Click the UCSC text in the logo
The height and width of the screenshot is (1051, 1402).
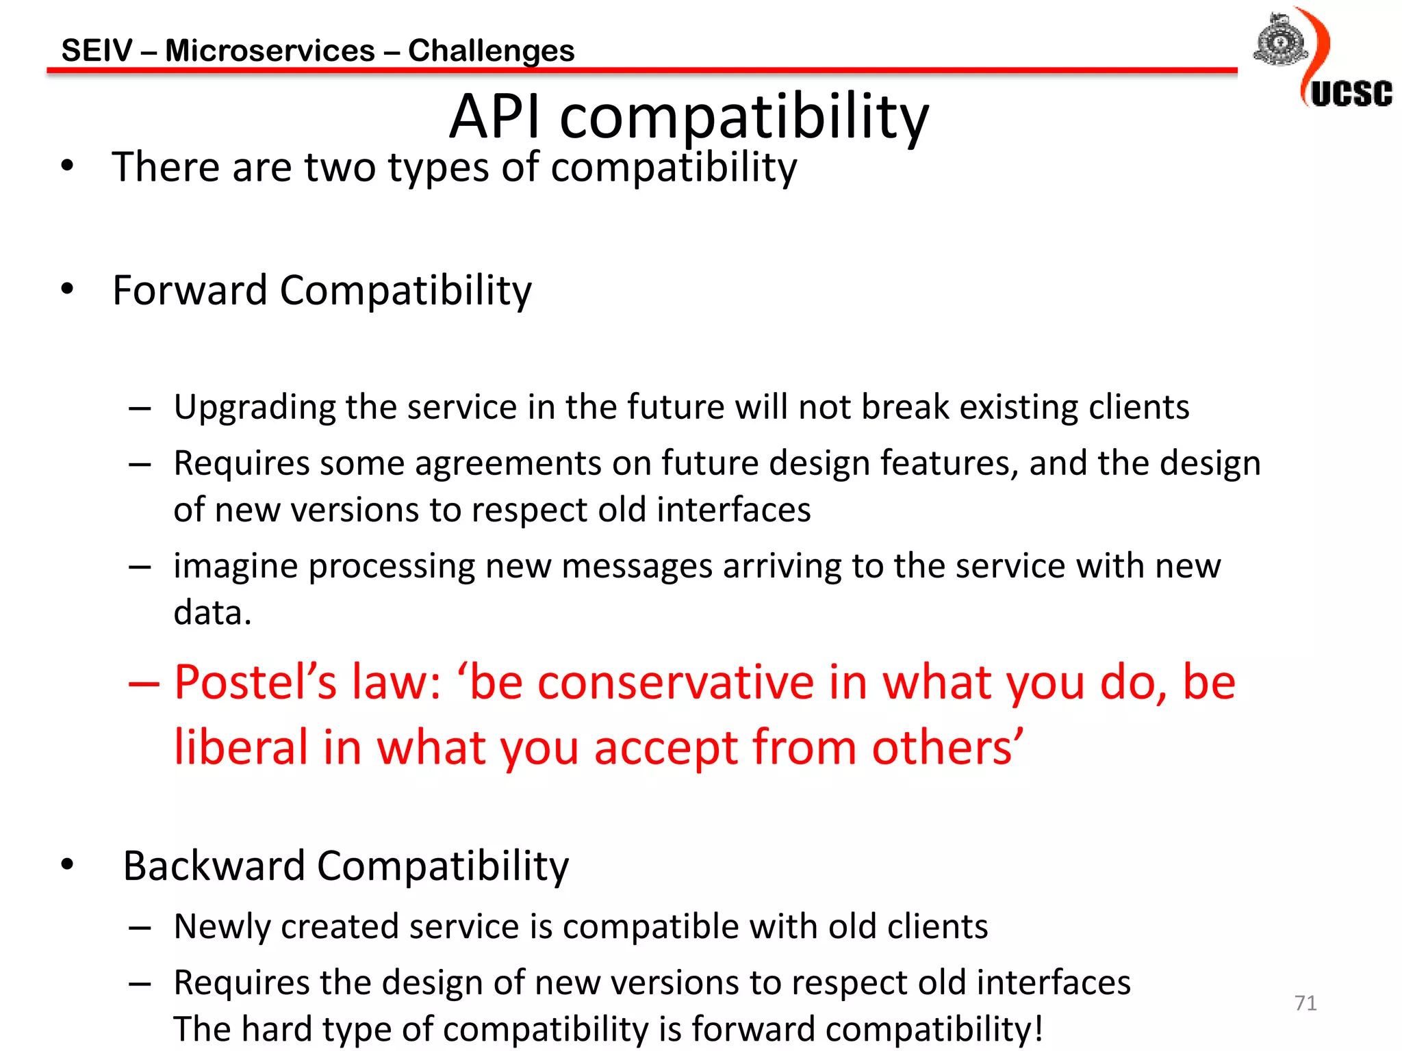click(1351, 94)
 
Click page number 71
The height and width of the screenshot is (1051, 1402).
click(1305, 1003)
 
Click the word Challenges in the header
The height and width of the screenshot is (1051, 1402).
click(491, 51)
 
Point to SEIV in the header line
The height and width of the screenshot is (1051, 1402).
click(97, 51)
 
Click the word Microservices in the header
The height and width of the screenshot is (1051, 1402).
click(270, 51)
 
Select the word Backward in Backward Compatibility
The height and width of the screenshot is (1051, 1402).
click(214, 866)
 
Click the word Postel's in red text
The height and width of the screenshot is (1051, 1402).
click(255, 682)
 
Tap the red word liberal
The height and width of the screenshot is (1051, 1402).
click(241, 747)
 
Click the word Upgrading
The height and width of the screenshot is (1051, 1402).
click(254, 408)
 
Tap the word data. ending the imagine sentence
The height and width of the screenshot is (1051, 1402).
click(212, 612)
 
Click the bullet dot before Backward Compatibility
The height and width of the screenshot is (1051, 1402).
click(67, 865)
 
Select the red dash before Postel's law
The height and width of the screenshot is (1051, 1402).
click(143, 683)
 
